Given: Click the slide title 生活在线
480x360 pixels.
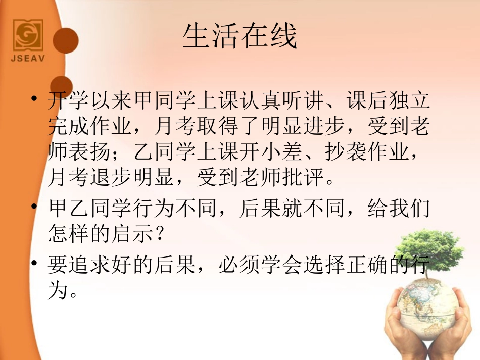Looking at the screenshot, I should tap(239, 36).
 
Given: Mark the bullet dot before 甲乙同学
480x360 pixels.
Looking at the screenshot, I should tap(34, 207).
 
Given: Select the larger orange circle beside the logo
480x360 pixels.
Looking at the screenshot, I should tap(65, 40).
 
